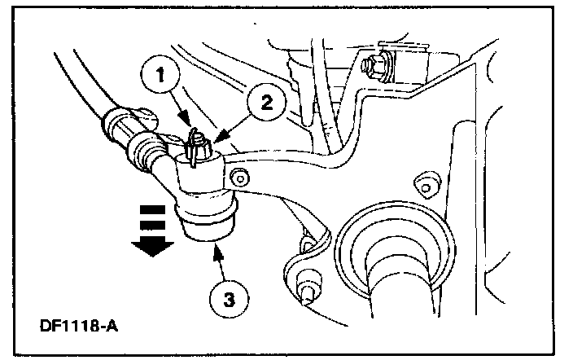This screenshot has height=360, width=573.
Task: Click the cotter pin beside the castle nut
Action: point(190,146)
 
